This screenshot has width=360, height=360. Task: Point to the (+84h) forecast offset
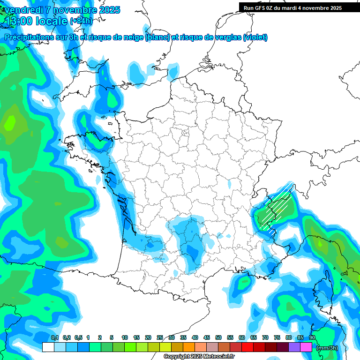point(81,21)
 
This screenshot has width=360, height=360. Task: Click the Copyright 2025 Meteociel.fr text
point(199,357)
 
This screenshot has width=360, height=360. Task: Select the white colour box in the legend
point(48,347)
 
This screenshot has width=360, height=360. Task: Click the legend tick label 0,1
point(54,337)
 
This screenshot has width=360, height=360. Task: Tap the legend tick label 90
point(312,337)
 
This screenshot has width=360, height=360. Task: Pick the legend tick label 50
point(218,337)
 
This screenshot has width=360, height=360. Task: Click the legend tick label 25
point(160,337)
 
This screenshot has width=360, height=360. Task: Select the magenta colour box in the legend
point(306,347)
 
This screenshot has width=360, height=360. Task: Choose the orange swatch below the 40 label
point(189,347)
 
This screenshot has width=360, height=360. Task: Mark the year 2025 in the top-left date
point(109,10)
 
